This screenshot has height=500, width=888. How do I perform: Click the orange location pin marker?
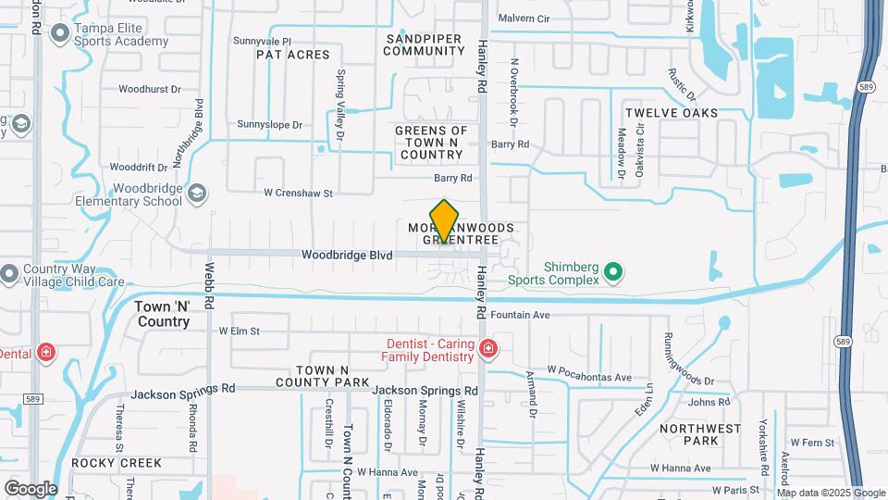[445, 221]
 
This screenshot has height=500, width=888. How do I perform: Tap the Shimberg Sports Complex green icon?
[611, 272]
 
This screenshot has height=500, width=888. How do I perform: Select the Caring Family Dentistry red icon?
[488, 350]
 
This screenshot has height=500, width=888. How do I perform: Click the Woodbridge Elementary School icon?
[196, 193]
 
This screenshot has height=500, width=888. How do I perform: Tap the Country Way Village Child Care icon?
[10, 274]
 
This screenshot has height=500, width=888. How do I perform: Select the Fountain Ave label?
[521, 315]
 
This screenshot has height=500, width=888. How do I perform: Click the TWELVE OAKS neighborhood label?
[671, 113]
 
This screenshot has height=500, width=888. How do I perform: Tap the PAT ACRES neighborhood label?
[293, 55]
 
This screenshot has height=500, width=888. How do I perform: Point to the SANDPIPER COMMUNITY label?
[425, 44]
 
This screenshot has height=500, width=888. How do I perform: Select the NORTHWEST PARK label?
[700, 435]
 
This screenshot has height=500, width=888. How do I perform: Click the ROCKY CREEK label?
[117, 463]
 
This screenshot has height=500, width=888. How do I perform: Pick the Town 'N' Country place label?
[162, 315]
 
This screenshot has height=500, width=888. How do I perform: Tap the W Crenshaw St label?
[297, 194]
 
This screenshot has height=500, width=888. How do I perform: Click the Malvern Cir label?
[524, 19]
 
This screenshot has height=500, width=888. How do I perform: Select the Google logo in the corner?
[31, 488]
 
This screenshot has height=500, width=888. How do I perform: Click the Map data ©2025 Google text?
[832, 493]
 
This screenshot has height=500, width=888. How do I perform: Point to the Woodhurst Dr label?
[149, 90]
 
